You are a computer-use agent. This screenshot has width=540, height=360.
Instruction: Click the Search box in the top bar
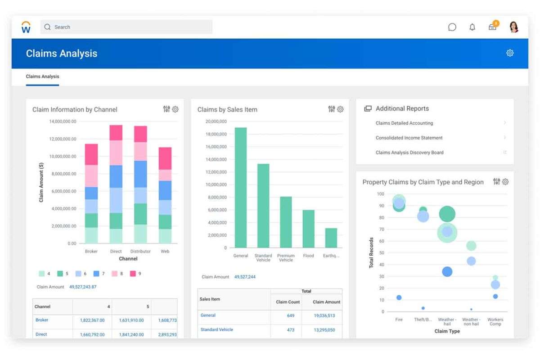[126, 27]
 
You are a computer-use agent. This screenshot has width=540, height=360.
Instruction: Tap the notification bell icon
[472, 27]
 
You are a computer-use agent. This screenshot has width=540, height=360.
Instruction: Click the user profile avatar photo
[514, 27]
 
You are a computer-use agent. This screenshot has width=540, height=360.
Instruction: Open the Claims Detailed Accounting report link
[404, 123]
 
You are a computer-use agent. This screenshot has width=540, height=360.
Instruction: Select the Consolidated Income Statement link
[409, 138]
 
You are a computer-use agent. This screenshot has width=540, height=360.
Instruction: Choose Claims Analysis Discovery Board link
[409, 153]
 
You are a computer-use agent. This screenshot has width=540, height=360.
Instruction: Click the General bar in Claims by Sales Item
[241, 189]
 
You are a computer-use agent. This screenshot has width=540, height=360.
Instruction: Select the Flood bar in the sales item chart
[308, 229]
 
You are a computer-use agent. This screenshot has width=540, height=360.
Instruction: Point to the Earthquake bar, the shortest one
[331, 238]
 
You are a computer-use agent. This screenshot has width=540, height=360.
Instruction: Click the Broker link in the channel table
[42, 320]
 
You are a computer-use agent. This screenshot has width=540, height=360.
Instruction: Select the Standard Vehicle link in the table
[216, 330]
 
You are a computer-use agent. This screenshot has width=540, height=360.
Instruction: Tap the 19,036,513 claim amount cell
[324, 316]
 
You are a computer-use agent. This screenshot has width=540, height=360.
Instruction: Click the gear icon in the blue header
[510, 53]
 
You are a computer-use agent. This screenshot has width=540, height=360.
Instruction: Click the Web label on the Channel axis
[165, 252]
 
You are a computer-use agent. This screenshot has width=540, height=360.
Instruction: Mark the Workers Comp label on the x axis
[495, 322]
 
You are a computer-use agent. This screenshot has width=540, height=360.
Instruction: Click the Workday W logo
[26, 27]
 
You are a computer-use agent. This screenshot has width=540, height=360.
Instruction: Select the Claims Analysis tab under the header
[42, 76]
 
